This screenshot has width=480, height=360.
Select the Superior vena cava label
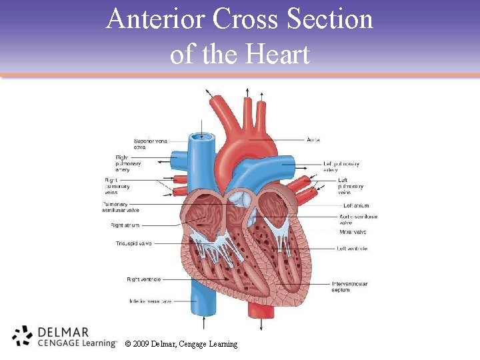tap(151, 144)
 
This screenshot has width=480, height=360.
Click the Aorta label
tap(313, 140)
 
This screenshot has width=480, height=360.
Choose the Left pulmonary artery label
tap(341, 167)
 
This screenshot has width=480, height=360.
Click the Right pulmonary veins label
tap(117, 187)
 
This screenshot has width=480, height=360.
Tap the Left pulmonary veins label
tap(351, 187)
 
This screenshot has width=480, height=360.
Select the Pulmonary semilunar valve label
tap(121, 207)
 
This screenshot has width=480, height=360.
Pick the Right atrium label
tap(125, 225)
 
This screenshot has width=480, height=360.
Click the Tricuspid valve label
tap(133, 244)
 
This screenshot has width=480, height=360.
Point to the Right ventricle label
tap(143, 279)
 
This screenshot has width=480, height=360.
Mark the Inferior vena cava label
tap(151, 301)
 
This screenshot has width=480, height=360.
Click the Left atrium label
tap(355, 206)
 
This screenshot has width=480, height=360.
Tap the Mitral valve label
tap(353, 232)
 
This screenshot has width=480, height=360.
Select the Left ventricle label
tap(353, 249)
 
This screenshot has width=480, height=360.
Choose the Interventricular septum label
tap(350, 287)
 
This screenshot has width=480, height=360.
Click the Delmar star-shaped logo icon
tap(23, 336)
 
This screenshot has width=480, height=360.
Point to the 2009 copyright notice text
tap(180, 344)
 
